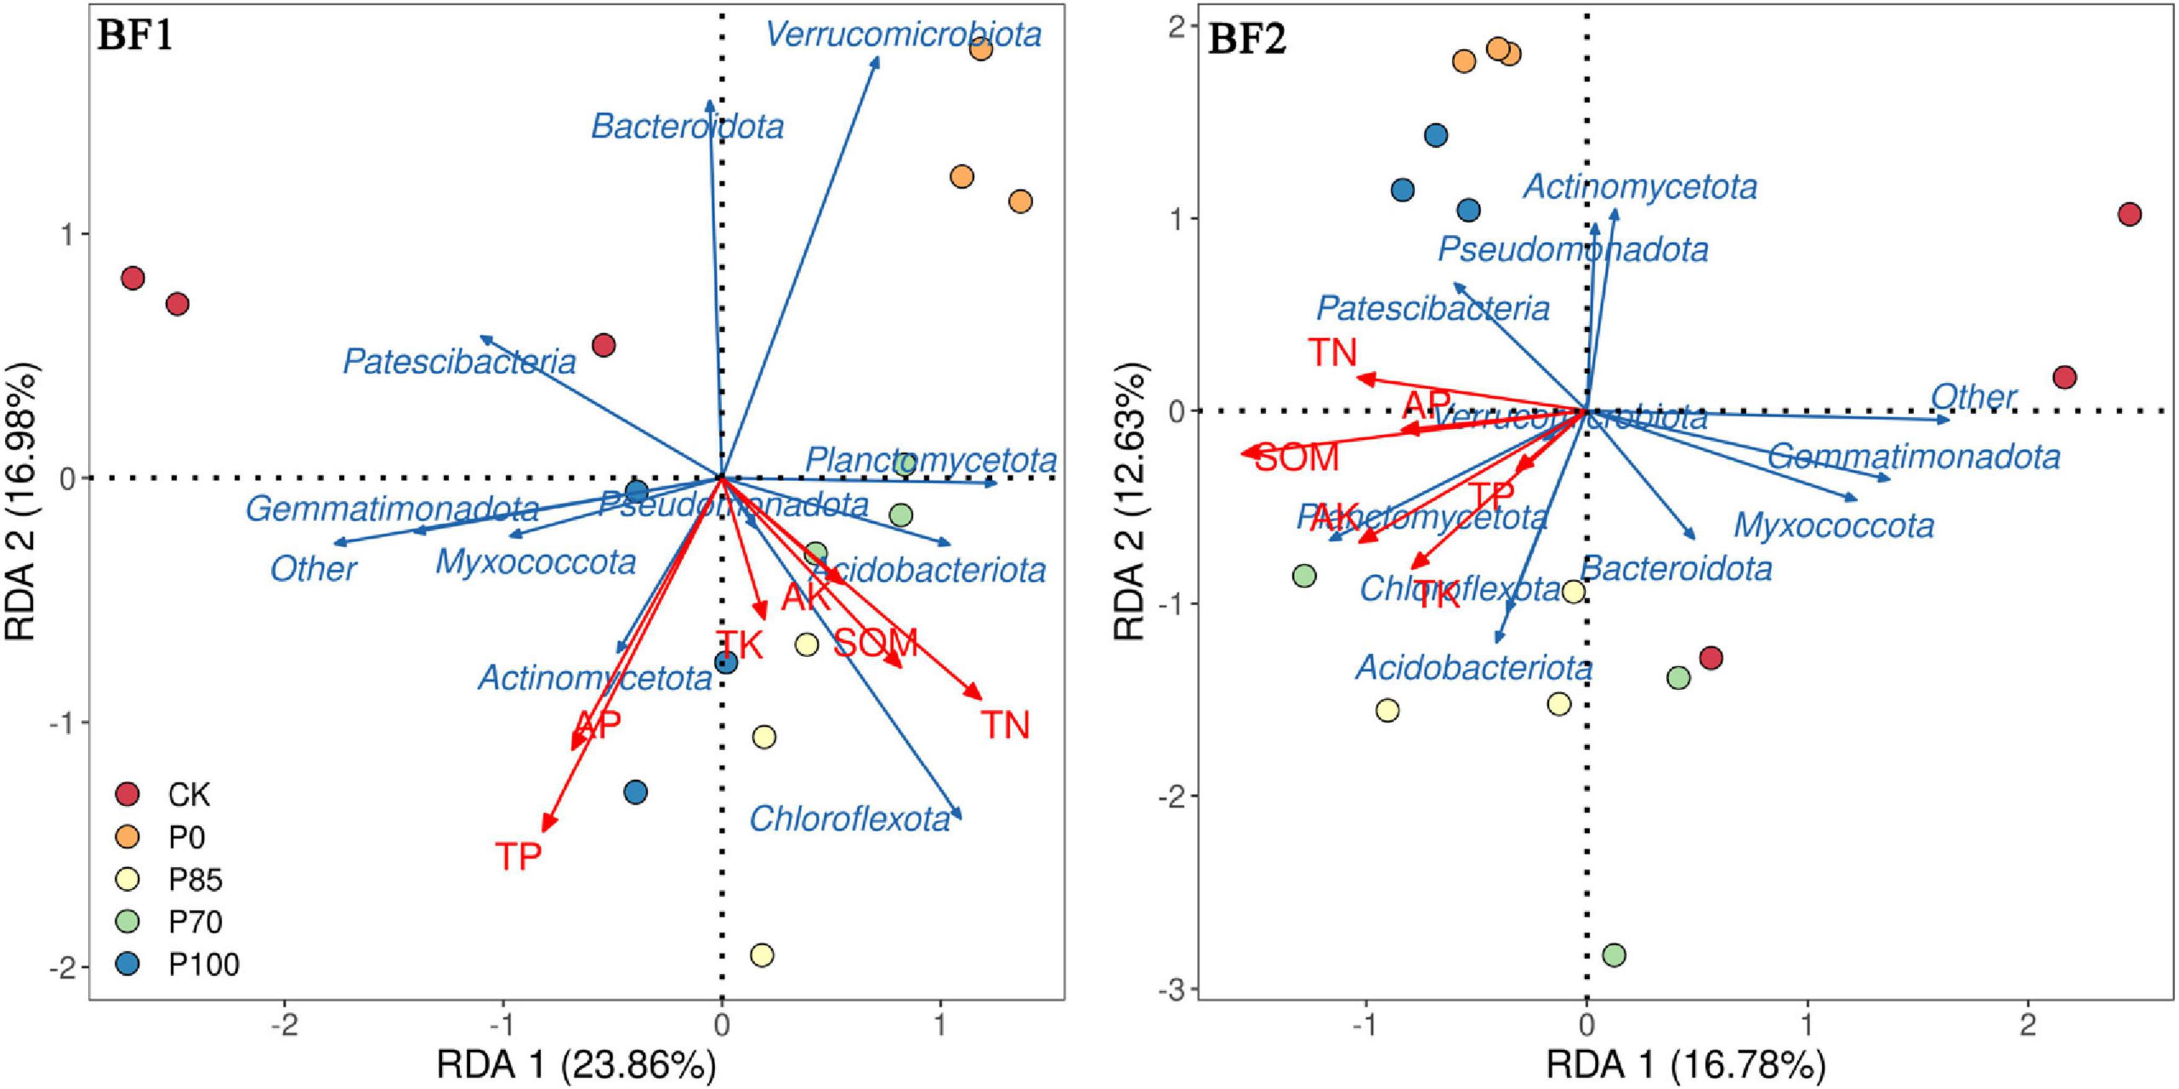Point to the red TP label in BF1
pyautogui.click(x=518, y=857)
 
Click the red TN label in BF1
pyautogui.click(x=1005, y=725)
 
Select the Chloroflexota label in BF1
pyautogui.click(x=849, y=818)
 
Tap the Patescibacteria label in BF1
pyautogui.click(x=459, y=362)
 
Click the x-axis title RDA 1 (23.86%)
pyautogui.click(x=576, y=1065)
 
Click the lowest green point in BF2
pyautogui.click(x=1614, y=956)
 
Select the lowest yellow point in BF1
pyautogui.click(x=762, y=956)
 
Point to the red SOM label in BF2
pyautogui.click(x=1297, y=458)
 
